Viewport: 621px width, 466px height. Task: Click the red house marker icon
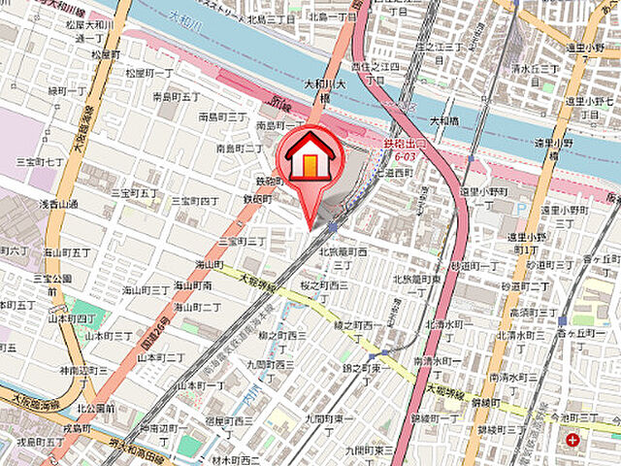pos(310,158)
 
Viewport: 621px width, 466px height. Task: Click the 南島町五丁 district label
pos(176,97)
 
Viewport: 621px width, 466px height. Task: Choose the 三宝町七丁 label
pos(40,161)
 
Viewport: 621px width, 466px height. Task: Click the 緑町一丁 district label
pos(40,90)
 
